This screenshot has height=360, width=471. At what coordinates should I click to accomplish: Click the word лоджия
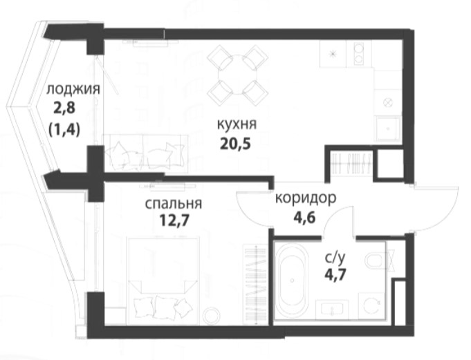(x=73, y=90)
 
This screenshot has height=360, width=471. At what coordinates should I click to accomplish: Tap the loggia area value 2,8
(x=64, y=108)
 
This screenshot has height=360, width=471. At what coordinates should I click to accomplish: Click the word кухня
(x=237, y=124)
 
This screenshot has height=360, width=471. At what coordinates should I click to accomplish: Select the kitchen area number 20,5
(x=235, y=144)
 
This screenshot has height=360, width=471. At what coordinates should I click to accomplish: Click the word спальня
(x=174, y=204)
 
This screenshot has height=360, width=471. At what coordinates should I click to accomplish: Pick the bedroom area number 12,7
(x=174, y=221)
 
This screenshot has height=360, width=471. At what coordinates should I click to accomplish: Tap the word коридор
(x=306, y=198)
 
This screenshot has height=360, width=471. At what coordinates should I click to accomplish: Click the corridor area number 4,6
(x=304, y=218)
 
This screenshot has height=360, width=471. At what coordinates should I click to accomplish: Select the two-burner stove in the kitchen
(x=359, y=54)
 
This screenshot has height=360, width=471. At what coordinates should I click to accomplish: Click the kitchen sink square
(x=387, y=129)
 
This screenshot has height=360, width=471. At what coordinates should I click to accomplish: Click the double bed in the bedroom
(x=164, y=281)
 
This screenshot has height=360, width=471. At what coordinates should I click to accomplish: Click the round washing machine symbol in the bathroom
(x=371, y=305)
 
